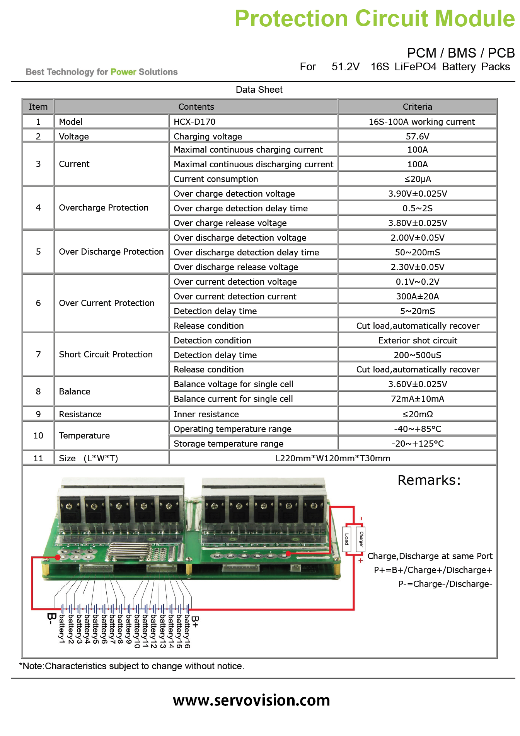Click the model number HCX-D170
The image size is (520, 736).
194,122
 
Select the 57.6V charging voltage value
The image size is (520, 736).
418,136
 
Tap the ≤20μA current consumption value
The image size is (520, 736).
418,179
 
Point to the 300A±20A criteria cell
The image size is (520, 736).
418,296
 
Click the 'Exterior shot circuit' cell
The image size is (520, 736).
418,340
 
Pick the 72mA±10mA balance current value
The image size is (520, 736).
418,399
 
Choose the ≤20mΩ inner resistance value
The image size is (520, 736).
418,414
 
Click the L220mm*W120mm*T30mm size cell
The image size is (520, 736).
333,458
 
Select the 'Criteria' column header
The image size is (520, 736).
418,107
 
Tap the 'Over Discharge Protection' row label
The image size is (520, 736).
111,252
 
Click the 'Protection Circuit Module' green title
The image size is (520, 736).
375,18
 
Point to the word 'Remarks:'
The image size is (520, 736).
429,480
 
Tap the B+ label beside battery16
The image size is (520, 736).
195,622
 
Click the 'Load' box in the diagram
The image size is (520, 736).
347,539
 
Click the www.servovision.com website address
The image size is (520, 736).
252,700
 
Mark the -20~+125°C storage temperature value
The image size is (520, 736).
418,444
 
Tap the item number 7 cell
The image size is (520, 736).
38,354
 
